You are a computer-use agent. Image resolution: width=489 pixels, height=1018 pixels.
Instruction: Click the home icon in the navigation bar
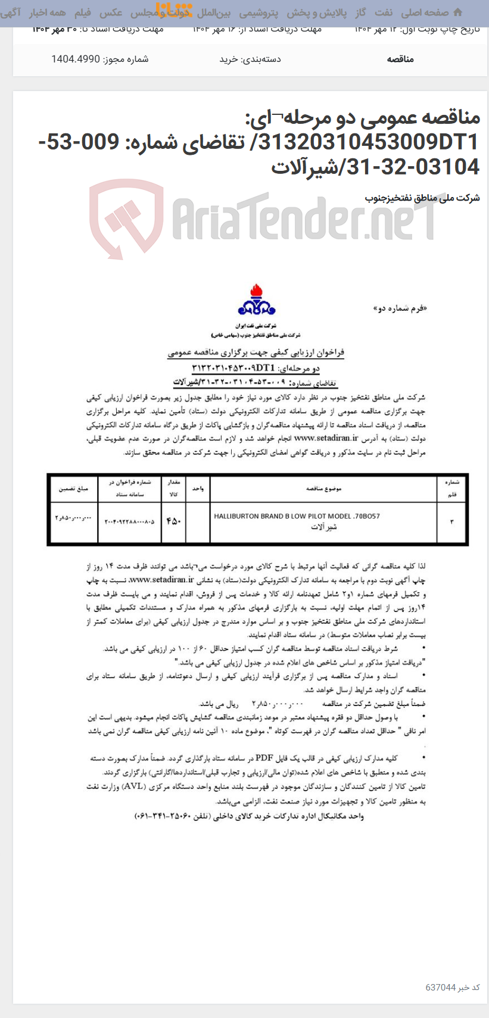[x=457, y=13]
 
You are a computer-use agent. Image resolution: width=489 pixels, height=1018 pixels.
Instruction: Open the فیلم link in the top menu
[x=83, y=13]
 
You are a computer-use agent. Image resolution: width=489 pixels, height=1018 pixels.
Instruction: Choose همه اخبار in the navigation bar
[x=48, y=13]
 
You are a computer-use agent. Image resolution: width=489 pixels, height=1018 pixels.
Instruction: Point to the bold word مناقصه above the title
[x=400, y=59]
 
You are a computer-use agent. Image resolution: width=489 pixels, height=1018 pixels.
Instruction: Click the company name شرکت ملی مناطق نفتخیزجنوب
[x=422, y=198]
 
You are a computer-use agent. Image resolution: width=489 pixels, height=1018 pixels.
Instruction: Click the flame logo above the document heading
[x=256, y=301]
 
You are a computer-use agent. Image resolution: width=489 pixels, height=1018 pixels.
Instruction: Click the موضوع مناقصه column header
[x=323, y=489]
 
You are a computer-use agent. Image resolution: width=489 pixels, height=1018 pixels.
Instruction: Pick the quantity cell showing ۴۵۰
[x=173, y=522]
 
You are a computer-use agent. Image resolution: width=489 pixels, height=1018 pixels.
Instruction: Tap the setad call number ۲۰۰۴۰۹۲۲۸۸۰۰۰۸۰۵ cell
[x=129, y=522]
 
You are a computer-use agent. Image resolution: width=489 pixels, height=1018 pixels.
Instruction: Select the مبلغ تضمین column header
[x=73, y=489]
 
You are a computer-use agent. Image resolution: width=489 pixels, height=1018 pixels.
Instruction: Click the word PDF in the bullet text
[x=264, y=758]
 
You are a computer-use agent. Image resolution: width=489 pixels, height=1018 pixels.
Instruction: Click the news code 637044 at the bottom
[x=441, y=987]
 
